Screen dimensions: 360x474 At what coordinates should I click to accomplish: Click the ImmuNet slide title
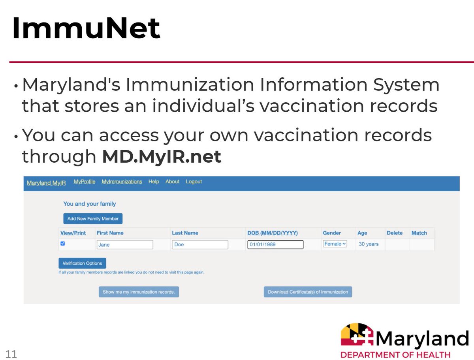click(x=86, y=29)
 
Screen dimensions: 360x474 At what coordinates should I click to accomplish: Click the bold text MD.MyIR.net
click(x=162, y=157)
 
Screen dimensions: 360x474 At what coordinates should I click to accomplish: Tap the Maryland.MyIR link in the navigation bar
click(x=46, y=182)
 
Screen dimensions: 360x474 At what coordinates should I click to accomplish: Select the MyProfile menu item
click(x=85, y=182)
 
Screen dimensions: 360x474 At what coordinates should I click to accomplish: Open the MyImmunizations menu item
click(x=122, y=182)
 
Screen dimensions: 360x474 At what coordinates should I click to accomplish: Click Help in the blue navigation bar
click(x=154, y=182)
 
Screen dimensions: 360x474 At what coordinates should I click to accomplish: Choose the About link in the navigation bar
click(x=172, y=182)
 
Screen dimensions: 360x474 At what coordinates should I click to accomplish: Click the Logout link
click(x=194, y=182)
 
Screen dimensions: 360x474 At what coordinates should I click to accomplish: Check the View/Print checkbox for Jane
click(x=62, y=244)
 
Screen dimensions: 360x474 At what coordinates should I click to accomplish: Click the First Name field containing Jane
click(x=124, y=245)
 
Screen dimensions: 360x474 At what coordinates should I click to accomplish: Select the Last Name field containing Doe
click(x=200, y=245)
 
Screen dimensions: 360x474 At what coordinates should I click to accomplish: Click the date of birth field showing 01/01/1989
click(x=275, y=245)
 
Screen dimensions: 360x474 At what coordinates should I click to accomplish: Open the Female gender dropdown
click(x=335, y=244)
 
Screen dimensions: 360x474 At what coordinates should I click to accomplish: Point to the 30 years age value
click(x=369, y=244)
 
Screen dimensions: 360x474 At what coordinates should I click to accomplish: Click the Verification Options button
click(x=82, y=263)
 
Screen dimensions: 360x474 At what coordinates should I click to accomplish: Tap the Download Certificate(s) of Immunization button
click(x=308, y=292)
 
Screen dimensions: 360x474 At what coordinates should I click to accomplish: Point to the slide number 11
click(x=11, y=354)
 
